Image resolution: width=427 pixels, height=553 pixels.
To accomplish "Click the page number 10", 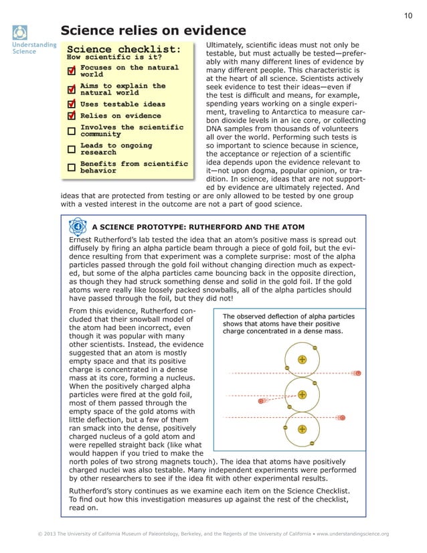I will click(x=408, y=15).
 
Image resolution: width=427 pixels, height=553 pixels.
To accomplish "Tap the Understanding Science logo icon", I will click(x=21, y=32).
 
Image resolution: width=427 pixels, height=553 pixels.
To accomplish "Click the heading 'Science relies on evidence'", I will click(x=153, y=31).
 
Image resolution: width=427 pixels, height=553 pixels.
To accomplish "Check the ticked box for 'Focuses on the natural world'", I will click(x=72, y=71).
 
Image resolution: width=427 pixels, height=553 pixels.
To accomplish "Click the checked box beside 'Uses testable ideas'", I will click(x=72, y=104).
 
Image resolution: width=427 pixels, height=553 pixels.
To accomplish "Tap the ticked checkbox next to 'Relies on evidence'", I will click(x=72, y=116).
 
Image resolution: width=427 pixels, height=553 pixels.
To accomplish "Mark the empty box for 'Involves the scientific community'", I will click(x=72, y=131).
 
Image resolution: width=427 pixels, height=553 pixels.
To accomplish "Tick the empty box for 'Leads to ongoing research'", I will click(x=72, y=149).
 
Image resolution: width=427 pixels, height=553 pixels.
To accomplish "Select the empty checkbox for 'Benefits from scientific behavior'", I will click(x=72, y=167).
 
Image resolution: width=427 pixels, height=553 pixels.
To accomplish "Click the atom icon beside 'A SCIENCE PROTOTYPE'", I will click(x=78, y=226).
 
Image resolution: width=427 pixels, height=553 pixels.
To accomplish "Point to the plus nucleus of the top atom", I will click(x=302, y=360).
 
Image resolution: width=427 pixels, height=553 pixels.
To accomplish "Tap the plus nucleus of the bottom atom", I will click(x=302, y=428).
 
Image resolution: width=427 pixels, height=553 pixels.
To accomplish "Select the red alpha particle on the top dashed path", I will click(x=358, y=373).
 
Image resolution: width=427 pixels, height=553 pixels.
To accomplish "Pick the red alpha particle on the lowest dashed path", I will click(x=342, y=418).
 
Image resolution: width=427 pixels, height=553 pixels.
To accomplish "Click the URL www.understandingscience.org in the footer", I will click(x=353, y=534).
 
